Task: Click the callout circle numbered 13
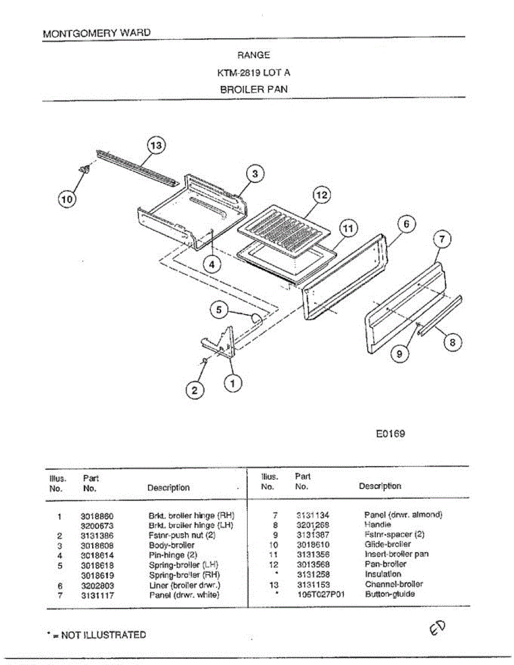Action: (x=157, y=146)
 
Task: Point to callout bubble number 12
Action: (x=322, y=195)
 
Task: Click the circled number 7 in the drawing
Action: (x=441, y=240)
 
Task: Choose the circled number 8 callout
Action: (x=452, y=342)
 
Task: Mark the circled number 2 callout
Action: (x=194, y=391)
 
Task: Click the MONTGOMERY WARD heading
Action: (x=96, y=33)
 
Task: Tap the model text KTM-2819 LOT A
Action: (x=254, y=73)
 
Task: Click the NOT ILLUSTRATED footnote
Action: (x=97, y=635)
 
